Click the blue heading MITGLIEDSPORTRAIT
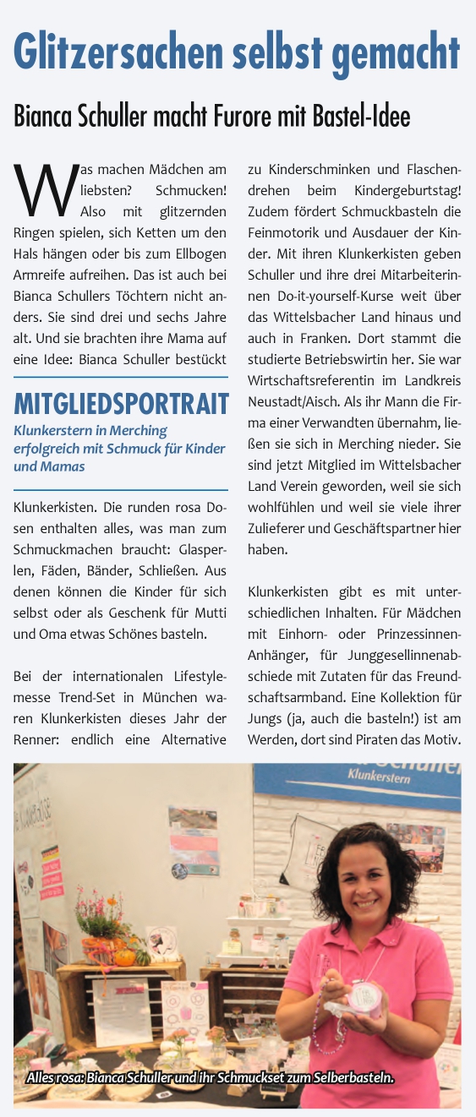click(121, 404)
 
